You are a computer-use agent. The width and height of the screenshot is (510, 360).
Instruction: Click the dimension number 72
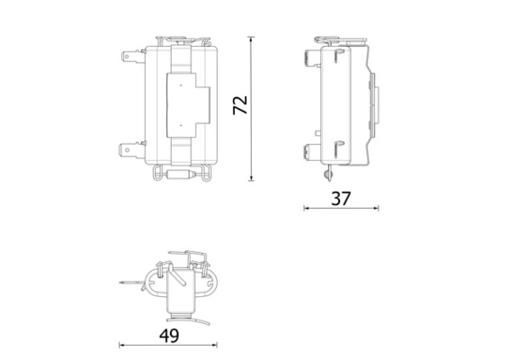pos(239,104)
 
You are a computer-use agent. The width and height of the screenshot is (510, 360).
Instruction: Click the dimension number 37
pos(339,198)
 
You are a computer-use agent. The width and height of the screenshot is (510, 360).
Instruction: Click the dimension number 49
pos(169,335)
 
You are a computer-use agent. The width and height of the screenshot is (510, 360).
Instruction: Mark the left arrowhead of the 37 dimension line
pos(306,208)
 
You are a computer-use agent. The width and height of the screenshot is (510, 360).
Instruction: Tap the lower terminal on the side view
pos(317,151)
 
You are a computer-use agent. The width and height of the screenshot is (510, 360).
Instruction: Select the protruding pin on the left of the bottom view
pos(128,286)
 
